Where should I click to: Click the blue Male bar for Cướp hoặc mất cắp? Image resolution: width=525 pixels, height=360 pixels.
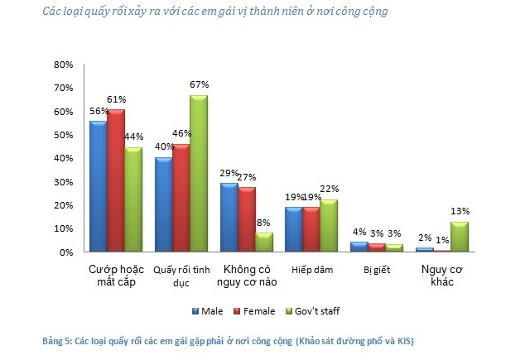(x=99, y=185)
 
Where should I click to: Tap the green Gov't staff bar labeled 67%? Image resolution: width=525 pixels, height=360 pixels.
(x=199, y=173)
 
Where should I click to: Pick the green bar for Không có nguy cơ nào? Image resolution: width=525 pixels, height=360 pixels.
(x=263, y=242)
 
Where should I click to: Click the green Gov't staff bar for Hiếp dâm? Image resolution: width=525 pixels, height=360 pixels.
(x=329, y=225)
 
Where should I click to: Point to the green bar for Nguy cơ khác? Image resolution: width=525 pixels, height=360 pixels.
(x=458, y=236)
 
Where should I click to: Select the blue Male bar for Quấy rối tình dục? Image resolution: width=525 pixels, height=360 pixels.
(x=163, y=204)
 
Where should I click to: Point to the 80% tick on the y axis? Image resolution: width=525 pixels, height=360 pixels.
(x=64, y=64)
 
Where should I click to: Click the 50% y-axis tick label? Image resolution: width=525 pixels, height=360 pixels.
(x=64, y=134)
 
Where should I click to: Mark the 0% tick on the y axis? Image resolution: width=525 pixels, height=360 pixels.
(x=66, y=252)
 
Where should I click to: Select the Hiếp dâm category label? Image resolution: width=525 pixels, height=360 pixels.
(x=311, y=270)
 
